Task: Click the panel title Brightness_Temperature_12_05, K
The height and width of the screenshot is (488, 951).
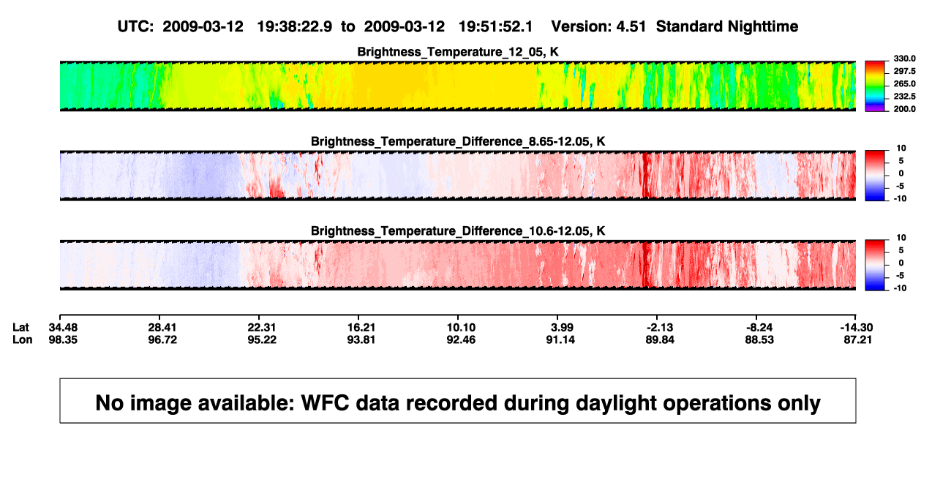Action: (x=458, y=52)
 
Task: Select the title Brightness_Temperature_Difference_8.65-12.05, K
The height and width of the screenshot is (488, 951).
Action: (x=458, y=141)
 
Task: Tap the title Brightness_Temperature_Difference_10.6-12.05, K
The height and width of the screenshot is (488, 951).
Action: (x=458, y=231)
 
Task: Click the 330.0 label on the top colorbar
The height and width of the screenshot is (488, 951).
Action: (x=904, y=59)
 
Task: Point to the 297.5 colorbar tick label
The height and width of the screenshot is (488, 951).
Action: (x=904, y=71)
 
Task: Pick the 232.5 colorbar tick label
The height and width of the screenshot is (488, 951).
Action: (x=904, y=97)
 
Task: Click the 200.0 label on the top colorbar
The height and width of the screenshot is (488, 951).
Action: (x=904, y=109)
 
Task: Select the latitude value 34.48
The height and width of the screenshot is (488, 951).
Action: (x=63, y=328)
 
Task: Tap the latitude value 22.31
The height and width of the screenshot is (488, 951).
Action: (x=262, y=328)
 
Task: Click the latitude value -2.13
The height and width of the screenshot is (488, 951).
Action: (x=660, y=328)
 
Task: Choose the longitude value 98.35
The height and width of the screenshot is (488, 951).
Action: (x=63, y=339)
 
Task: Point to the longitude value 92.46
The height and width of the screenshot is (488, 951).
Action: (x=461, y=339)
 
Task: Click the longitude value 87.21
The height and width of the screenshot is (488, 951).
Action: (x=857, y=339)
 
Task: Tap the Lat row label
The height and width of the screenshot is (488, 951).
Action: (x=20, y=328)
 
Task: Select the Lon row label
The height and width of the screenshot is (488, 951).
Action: (x=23, y=339)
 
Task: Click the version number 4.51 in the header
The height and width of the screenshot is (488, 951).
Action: (x=631, y=27)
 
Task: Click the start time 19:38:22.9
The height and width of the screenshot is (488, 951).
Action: (x=295, y=27)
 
